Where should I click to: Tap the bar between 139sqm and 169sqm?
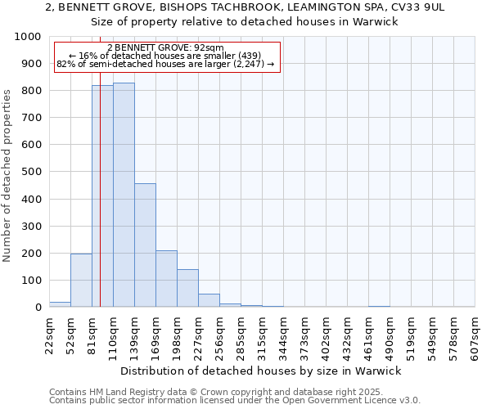pyautogui.click(x=145, y=245)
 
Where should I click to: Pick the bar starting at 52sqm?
pyautogui.click(x=81, y=281)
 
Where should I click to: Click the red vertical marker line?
pyautogui.click(x=100, y=204)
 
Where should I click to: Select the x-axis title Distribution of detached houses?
pyautogui.click(x=261, y=371)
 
